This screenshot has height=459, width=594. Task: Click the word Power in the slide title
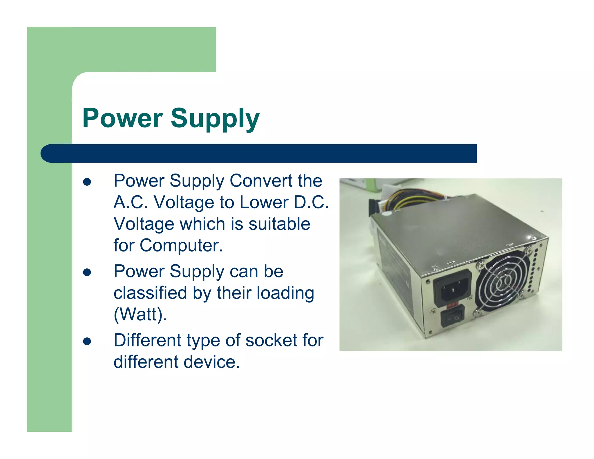pyautogui.click(x=122, y=118)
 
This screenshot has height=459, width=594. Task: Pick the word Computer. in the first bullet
pyautogui.click(x=181, y=245)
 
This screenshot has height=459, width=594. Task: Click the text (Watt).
pyautogui.click(x=140, y=314)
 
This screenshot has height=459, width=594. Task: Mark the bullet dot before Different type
pyautogui.click(x=87, y=341)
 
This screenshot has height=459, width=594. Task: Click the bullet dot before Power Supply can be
pyautogui.click(x=87, y=272)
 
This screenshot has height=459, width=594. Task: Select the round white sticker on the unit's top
pyautogui.click(x=387, y=214)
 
